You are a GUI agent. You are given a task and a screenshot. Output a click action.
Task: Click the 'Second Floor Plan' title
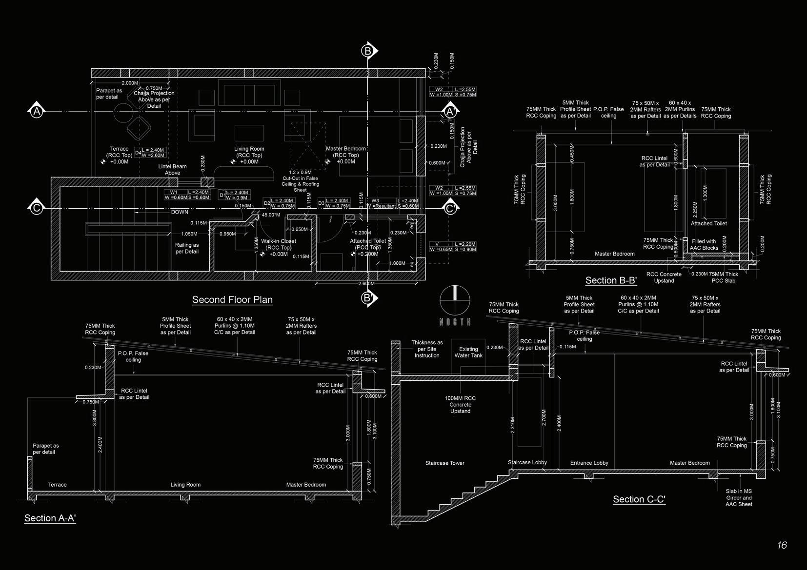232,300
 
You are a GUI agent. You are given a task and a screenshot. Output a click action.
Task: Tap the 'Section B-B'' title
611,280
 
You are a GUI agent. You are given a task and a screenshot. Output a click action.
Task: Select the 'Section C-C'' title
639,499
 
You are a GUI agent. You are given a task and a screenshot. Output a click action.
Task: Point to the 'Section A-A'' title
50,518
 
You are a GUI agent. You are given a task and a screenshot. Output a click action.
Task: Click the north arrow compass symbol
455,300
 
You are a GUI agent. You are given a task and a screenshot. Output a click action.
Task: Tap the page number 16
782,545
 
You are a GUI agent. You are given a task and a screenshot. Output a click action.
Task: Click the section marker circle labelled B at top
368,51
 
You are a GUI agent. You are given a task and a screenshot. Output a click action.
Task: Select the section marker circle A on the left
37,112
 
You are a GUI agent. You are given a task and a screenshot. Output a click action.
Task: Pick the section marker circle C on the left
37,208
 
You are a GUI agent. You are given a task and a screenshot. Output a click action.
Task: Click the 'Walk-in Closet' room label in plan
279,241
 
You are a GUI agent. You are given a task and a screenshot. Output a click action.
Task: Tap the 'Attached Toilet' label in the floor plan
368,241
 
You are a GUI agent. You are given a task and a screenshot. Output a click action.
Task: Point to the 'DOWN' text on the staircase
180,212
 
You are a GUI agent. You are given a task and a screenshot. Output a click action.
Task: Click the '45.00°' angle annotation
271,215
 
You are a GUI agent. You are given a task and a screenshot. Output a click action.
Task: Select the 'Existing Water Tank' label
468,353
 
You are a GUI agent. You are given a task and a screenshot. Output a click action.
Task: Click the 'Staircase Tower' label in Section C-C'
444,463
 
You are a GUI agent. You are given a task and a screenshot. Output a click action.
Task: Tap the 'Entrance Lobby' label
589,463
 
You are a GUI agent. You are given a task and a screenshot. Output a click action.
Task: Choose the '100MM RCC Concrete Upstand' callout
460,405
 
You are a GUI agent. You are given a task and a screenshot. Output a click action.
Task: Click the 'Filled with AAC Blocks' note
704,245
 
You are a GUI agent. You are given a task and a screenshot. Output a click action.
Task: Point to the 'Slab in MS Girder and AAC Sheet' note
739,498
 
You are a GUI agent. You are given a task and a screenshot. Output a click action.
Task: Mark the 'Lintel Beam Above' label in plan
172,170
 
